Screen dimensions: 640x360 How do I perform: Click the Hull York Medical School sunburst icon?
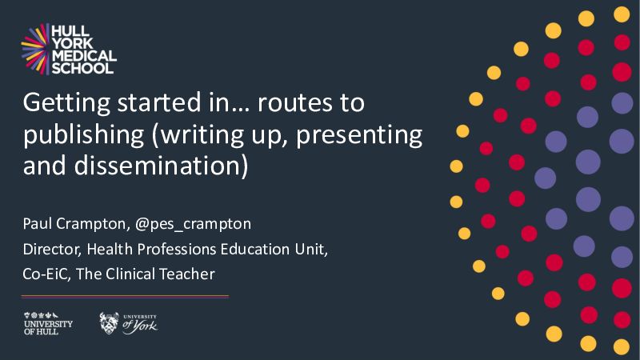pyautogui.click(x=35, y=49)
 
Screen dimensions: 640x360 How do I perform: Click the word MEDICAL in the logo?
pyautogui.click(x=84, y=55)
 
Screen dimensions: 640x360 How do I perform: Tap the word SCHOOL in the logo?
pyautogui.click(x=82, y=68)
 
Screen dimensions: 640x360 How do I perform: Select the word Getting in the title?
pyautogui.click(x=66, y=103)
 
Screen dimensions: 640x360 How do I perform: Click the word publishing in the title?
pyautogui.click(x=84, y=135)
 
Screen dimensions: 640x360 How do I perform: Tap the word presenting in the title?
pyautogui.click(x=359, y=135)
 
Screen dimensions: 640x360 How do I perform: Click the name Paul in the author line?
pyautogui.click(x=37, y=224)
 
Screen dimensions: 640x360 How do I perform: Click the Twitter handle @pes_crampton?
pyautogui.click(x=193, y=225)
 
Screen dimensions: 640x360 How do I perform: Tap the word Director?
pyautogui.click(x=52, y=250)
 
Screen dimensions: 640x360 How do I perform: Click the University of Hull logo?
pyautogui.click(x=48, y=324)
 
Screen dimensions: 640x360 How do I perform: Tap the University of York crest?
pyautogui.click(x=109, y=323)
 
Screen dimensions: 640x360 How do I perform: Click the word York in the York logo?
pyautogui.click(x=145, y=326)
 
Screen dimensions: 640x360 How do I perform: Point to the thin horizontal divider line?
pyautogui.click(x=125, y=297)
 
